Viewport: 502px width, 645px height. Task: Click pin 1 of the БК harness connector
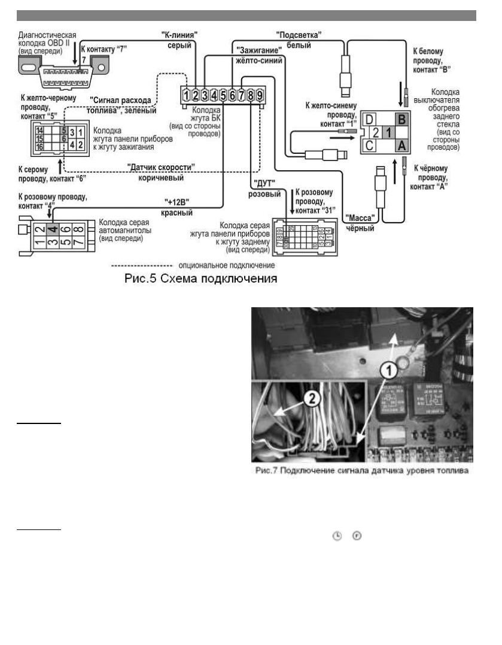tap(187, 94)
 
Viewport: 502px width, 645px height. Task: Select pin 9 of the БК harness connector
tap(260, 94)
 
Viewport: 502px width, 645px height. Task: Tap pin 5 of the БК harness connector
tap(223, 94)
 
